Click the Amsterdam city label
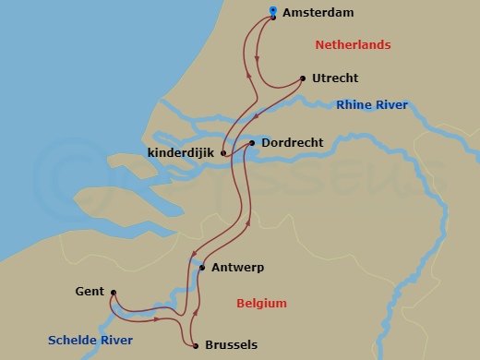[x=319, y=14]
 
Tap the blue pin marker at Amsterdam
[x=272, y=12]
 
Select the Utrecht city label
[x=335, y=78]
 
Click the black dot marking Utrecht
[x=304, y=78]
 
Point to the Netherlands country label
[x=353, y=45]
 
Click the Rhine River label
[x=372, y=105]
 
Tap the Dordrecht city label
[x=292, y=143]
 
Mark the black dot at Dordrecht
[x=252, y=143]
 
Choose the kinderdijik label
[x=180, y=152]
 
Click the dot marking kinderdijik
[x=223, y=153]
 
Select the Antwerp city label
[x=237, y=268]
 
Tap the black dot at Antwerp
[x=202, y=268]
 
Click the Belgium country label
[x=261, y=304]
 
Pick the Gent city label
[x=90, y=292]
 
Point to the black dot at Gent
[x=113, y=294]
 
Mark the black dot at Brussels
[x=197, y=346]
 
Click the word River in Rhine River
[x=390, y=105]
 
